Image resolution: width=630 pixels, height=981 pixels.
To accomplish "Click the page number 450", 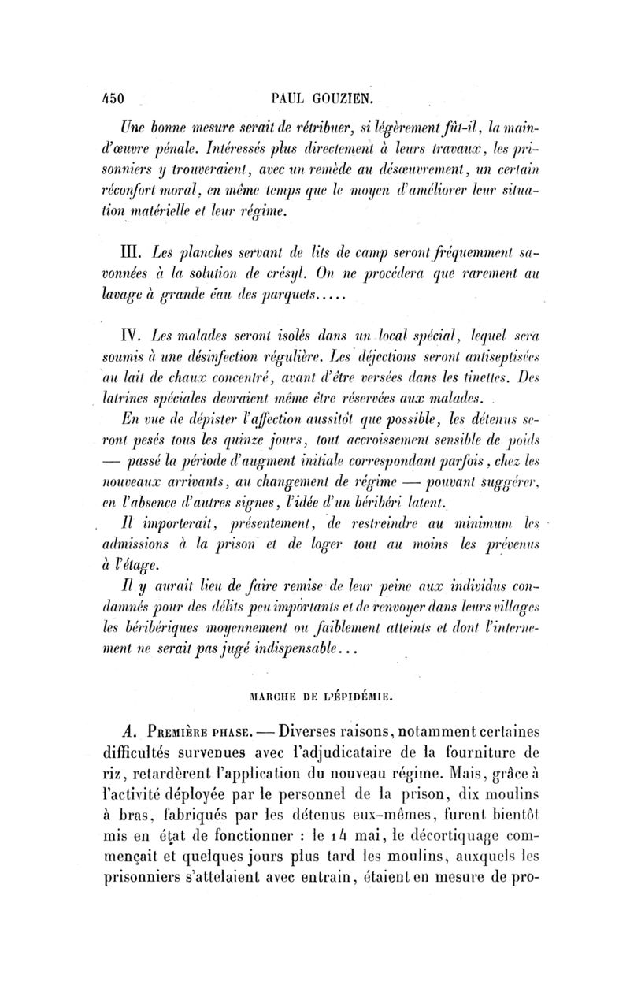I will (x=113, y=100).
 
